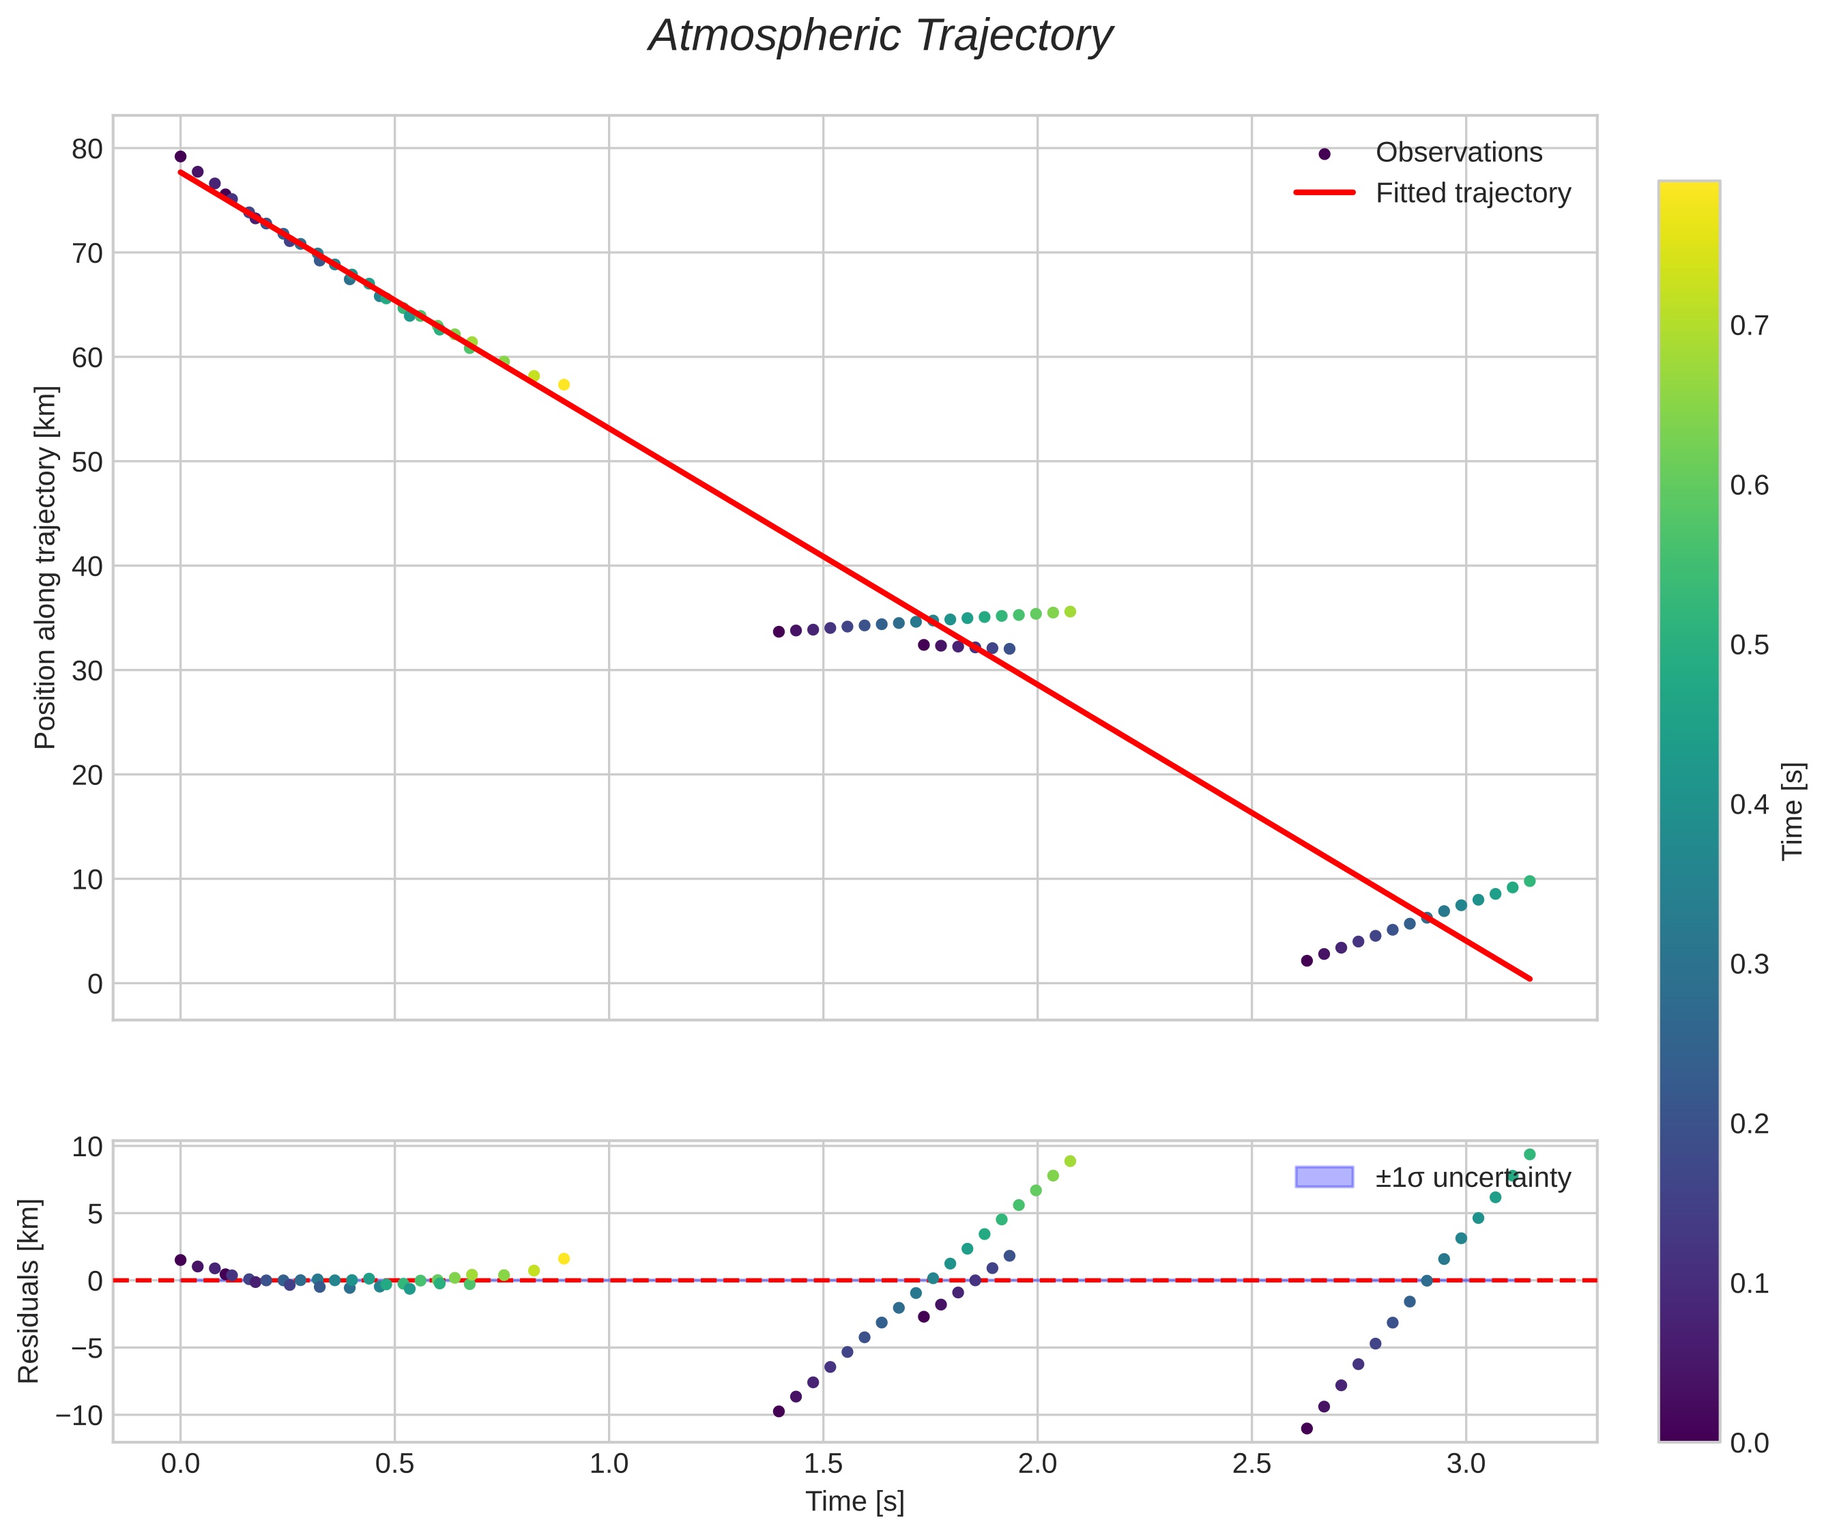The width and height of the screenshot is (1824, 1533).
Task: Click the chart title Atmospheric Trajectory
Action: (x=880, y=36)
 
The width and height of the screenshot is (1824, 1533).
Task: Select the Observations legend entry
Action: (x=1458, y=153)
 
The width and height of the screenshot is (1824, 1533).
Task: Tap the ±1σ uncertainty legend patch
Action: (x=1323, y=1177)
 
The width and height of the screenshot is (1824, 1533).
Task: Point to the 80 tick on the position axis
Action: (x=87, y=149)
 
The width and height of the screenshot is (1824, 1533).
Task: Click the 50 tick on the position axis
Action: (x=87, y=462)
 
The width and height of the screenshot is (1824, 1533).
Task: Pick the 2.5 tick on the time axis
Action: (x=1251, y=1463)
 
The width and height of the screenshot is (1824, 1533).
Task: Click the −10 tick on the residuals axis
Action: (x=79, y=1416)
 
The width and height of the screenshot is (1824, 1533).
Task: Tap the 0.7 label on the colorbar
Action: (x=1748, y=326)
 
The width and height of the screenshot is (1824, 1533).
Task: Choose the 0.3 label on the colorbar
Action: (x=1748, y=964)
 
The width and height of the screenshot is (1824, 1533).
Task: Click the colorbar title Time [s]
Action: (x=1793, y=811)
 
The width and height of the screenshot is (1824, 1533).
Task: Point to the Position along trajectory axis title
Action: (x=45, y=567)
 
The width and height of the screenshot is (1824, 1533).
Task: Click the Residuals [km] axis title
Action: (x=29, y=1291)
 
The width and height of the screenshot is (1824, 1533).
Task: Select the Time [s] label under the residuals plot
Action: (x=854, y=1502)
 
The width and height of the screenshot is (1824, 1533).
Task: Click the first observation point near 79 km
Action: (x=181, y=156)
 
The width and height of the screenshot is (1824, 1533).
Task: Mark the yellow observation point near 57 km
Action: (x=564, y=385)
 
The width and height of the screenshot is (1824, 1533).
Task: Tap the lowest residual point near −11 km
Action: (x=1306, y=1429)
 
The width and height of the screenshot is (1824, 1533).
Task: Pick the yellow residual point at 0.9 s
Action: (x=564, y=1259)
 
